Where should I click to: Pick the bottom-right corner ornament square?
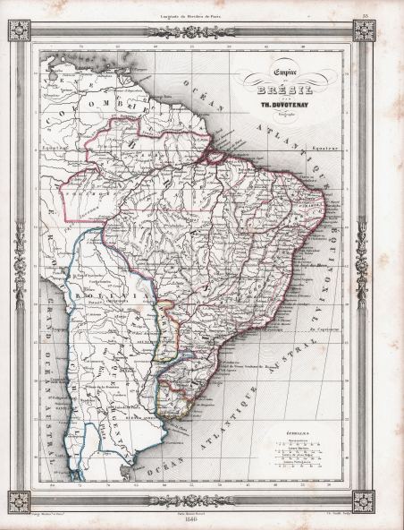pos(363,502)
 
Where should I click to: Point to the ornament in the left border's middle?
pos(20,266)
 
